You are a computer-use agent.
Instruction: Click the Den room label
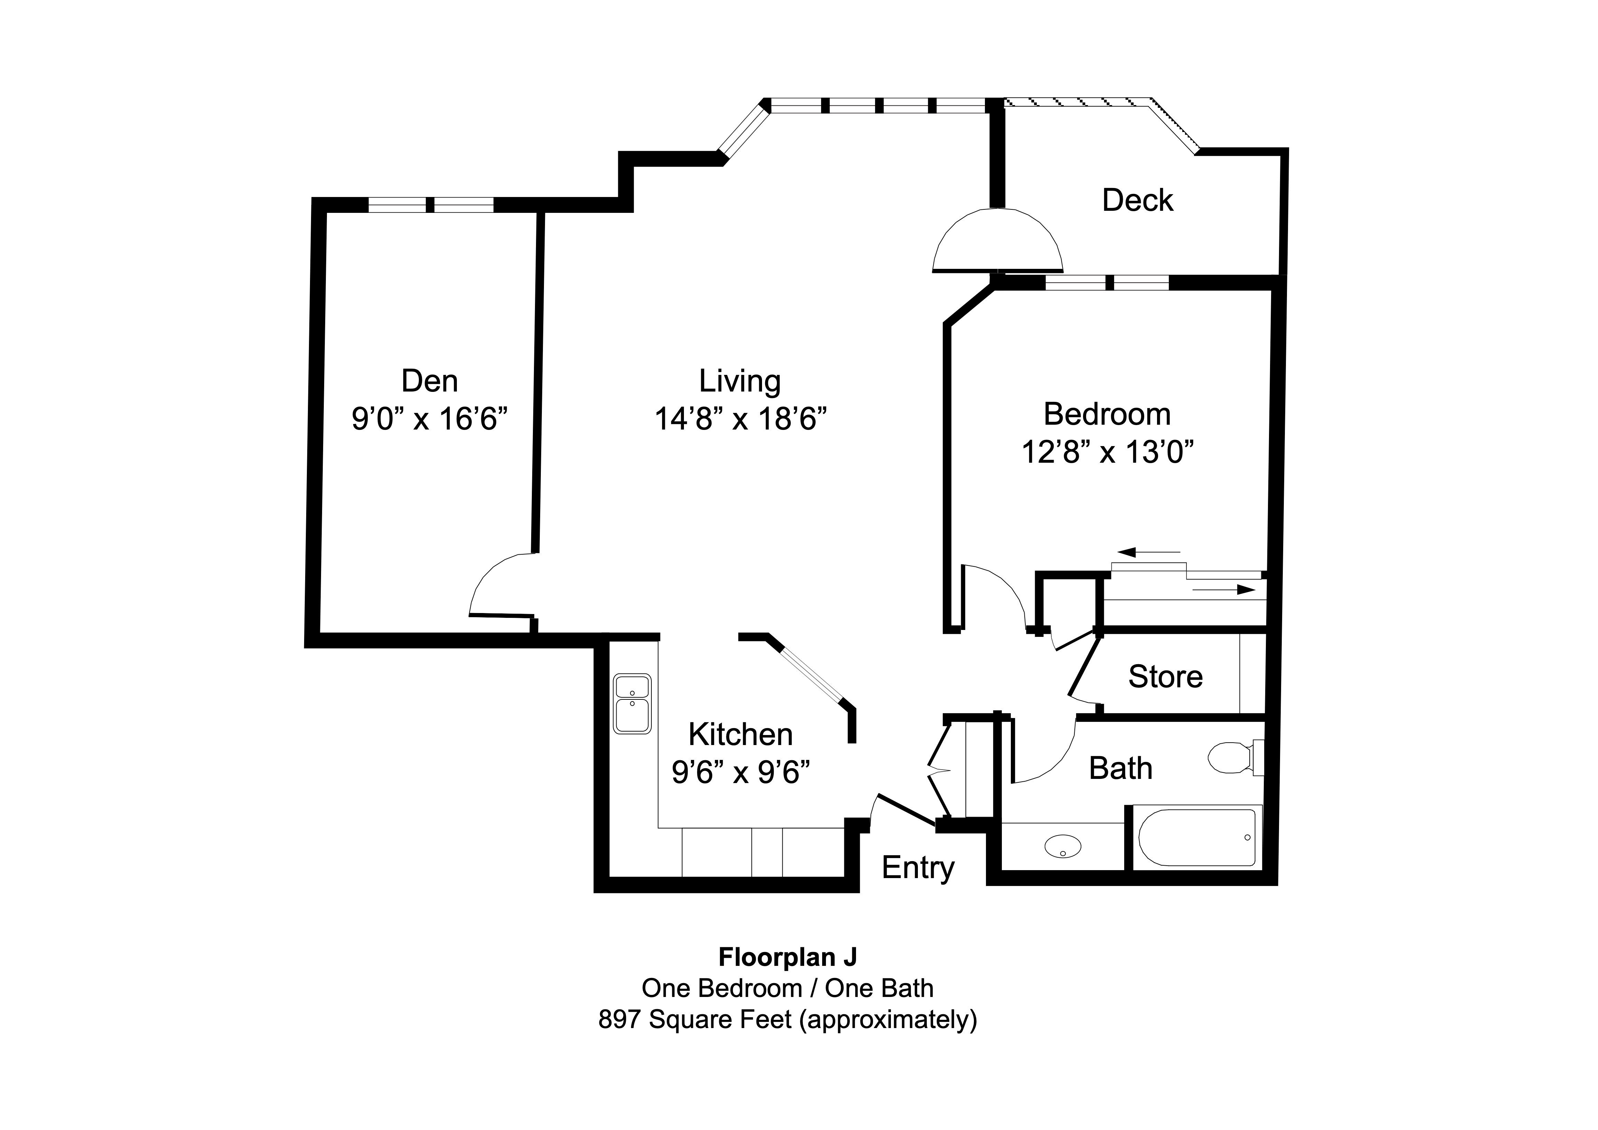click(430, 381)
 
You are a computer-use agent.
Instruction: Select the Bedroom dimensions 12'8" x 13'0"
click(1107, 452)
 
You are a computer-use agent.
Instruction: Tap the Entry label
click(918, 868)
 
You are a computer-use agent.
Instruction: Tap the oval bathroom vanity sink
click(1063, 846)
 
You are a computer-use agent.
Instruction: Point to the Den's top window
click(430, 205)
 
